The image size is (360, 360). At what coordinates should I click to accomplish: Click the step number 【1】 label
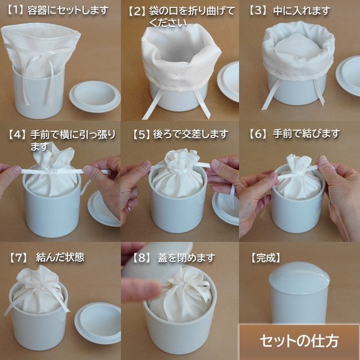click(x=15, y=10)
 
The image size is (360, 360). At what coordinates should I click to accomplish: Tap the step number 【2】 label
click(x=136, y=11)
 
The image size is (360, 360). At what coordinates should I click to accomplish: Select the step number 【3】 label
click(x=259, y=11)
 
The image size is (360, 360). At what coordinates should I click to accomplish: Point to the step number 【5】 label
click(x=141, y=134)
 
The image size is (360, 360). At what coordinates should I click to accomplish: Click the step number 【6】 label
click(x=259, y=134)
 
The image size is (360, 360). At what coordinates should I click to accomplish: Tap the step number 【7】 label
click(x=18, y=257)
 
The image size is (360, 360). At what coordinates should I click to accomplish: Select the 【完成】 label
click(x=265, y=258)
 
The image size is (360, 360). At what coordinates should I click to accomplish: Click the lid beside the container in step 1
click(x=95, y=96)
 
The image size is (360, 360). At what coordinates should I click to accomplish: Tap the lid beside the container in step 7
click(x=98, y=322)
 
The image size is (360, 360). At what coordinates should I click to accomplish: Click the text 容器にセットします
click(x=68, y=10)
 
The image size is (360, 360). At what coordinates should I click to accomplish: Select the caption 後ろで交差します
click(x=190, y=134)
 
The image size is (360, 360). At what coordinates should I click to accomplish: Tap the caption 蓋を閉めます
click(x=186, y=258)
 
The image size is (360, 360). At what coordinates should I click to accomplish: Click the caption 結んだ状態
click(x=60, y=257)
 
